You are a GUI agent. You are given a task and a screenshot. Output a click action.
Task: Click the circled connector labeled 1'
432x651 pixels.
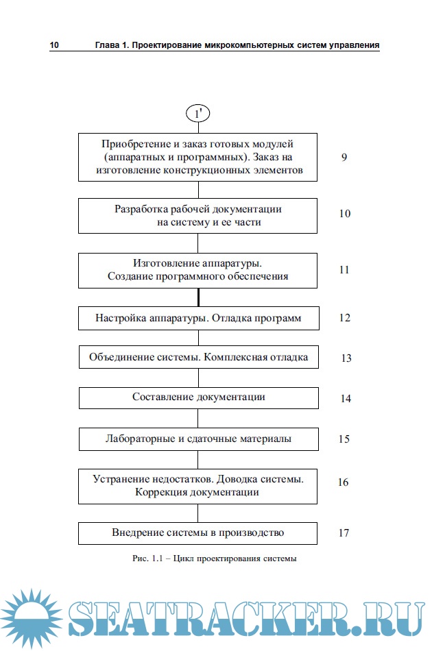click(x=198, y=113)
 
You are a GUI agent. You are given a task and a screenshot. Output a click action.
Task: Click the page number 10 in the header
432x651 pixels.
click(x=54, y=45)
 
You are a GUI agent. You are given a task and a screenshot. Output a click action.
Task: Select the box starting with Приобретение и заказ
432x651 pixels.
click(x=198, y=157)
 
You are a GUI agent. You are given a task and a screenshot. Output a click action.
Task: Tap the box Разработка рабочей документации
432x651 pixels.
click(x=198, y=215)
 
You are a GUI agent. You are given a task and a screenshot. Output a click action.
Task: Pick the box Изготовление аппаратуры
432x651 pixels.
click(x=198, y=270)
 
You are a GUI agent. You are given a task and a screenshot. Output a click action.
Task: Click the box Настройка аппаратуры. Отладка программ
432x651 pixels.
click(x=198, y=319)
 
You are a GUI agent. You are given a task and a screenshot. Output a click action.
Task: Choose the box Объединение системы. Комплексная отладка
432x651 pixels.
click(x=198, y=358)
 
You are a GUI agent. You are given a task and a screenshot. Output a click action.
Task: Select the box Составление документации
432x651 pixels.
click(x=198, y=397)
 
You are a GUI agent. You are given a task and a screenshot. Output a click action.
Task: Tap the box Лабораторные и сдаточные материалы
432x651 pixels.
click(x=198, y=439)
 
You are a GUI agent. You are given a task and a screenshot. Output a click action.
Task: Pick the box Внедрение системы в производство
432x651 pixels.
click(x=198, y=532)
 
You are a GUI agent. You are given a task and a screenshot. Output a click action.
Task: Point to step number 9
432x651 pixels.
click(x=344, y=157)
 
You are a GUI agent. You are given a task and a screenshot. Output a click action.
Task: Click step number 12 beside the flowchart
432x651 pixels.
click(x=344, y=318)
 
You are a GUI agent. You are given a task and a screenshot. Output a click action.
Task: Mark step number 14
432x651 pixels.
click(x=346, y=398)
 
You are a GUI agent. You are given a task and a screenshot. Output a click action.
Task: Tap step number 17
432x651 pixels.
click(x=344, y=532)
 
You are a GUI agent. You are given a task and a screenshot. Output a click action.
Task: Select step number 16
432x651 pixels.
click(x=343, y=482)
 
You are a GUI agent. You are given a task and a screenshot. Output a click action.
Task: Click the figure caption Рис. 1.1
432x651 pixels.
click(x=214, y=558)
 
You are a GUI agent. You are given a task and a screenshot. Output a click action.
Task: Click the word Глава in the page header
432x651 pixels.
click(x=107, y=45)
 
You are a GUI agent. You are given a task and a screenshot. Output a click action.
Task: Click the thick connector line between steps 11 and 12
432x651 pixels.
click(x=198, y=297)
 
